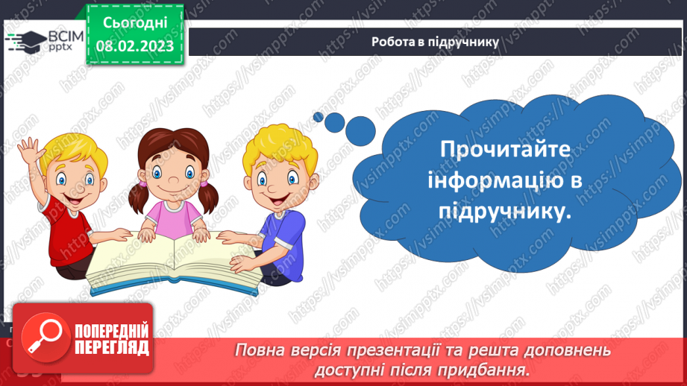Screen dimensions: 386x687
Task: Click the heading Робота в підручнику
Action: [435, 42]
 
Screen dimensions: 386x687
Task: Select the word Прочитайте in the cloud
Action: [505, 148]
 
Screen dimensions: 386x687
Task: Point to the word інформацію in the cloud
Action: [505, 180]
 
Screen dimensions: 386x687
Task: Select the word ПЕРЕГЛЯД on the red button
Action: [111, 347]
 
